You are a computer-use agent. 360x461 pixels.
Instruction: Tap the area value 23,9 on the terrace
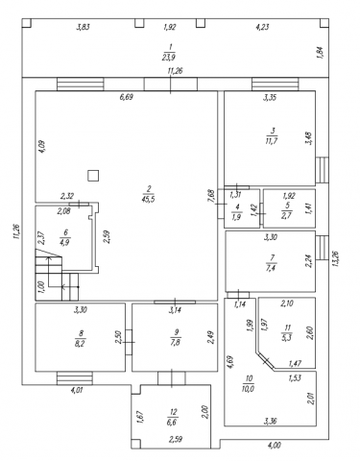[169, 57]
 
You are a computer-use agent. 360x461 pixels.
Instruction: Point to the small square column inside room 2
[93, 176]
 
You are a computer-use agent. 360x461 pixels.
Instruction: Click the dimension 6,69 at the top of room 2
[126, 97]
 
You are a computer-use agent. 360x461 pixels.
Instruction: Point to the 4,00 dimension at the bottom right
[275, 445]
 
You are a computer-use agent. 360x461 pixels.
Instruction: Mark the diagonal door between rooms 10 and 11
[266, 361]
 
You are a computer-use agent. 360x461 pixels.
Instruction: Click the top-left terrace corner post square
[27, 23]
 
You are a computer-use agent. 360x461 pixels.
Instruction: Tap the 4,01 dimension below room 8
[77, 390]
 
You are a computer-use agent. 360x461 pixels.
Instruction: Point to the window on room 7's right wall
[323, 248]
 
